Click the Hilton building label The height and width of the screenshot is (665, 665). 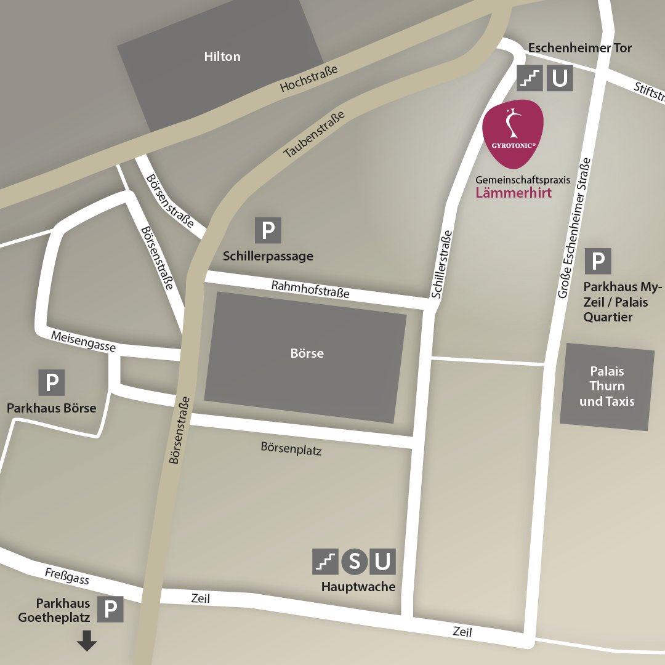click(x=222, y=57)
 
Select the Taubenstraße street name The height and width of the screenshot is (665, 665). click(x=314, y=134)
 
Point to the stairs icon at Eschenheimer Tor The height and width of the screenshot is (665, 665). click(x=530, y=78)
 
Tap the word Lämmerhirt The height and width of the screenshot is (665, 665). click(x=514, y=193)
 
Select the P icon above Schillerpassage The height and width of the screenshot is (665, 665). click(x=268, y=230)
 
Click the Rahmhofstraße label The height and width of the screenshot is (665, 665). click(x=310, y=289)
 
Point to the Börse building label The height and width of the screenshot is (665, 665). click(x=307, y=353)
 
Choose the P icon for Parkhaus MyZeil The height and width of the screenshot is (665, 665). click(x=597, y=262)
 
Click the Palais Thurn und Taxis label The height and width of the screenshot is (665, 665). click(x=607, y=386)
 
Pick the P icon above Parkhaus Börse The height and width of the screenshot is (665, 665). click(x=52, y=383)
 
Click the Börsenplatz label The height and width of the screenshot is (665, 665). click(x=291, y=448)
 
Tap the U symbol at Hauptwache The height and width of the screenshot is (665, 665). click(x=383, y=562)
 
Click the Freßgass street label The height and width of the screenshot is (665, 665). click(x=67, y=576)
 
